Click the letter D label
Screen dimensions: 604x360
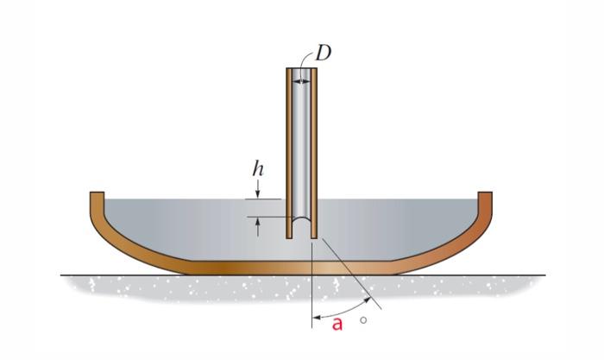point(323,54)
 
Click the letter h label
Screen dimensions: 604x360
point(258,168)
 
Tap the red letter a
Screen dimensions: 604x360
point(337,325)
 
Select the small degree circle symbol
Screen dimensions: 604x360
point(363,320)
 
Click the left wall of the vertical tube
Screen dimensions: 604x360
point(289,153)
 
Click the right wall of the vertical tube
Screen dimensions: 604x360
point(314,153)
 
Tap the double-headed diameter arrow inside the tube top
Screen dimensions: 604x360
point(301,81)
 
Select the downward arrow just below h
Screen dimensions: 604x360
point(258,189)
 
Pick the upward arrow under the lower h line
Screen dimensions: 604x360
point(258,227)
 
